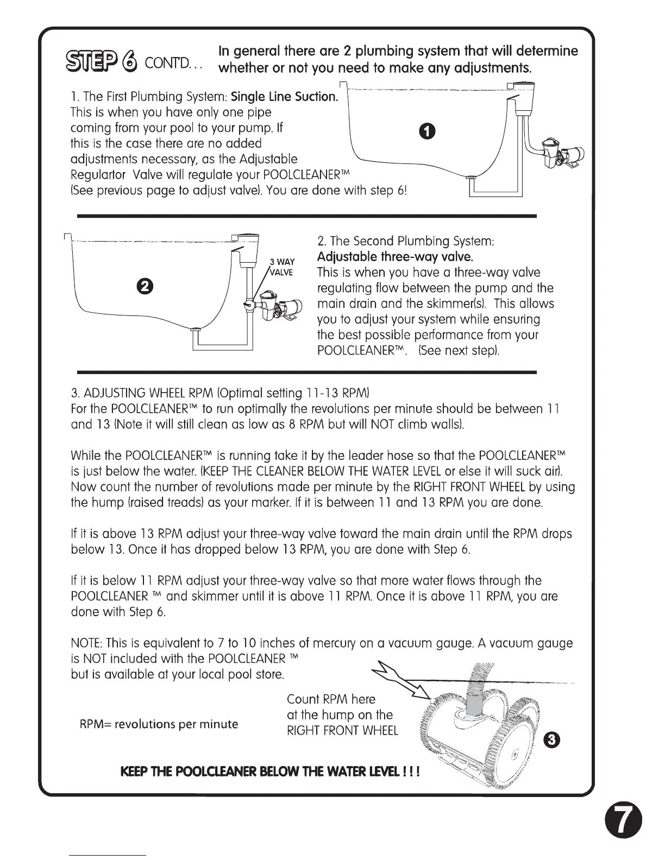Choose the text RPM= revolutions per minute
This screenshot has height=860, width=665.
[x=159, y=724]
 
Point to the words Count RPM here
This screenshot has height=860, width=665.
[x=331, y=699]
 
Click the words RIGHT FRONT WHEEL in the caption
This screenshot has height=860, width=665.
[x=342, y=730]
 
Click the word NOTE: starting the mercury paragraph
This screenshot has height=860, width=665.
[x=87, y=644]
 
